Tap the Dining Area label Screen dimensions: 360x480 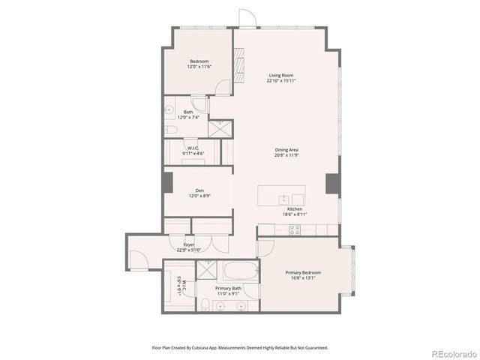click(x=286, y=150)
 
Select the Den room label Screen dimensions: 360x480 click(x=199, y=190)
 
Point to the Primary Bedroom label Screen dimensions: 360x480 click(x=303, y=272)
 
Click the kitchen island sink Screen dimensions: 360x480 click(x=284, y=199)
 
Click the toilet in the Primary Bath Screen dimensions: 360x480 click(x=205, y=304)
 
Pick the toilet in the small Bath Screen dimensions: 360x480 click(x=170, y=130)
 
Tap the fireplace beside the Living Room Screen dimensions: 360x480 click(x=239, y=65)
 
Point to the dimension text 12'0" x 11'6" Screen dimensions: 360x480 click(x=199, y=67)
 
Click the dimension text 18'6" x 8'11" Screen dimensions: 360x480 click(x=294, y=214)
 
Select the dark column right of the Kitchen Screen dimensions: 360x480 click(x=333, y=183)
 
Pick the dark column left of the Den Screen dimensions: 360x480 click(x=167, y=183)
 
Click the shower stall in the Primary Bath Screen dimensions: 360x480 click(x=210, y=271)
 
